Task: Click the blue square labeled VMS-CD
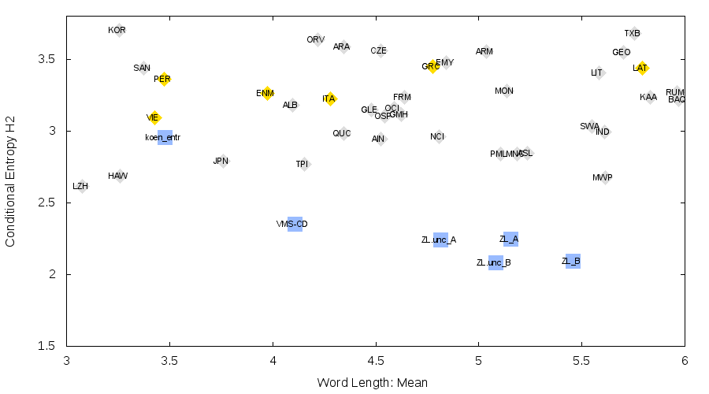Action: tap(295, 224)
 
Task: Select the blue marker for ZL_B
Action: tap(573, 261)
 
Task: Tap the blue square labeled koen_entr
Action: tap(165, 138)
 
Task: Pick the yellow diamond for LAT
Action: tap(642, 69)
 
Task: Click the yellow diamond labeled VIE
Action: tap(154, 118)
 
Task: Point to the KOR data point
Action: tap(119, 31)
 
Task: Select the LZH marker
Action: tap(81, 186)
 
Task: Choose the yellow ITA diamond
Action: tap(330, 98)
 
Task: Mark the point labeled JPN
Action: tap(223, 162)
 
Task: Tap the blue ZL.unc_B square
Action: tap(496, 262)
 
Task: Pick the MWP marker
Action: tap(604, 178)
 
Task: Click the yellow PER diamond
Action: tap(164, 79)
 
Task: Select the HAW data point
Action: tap(120, 177)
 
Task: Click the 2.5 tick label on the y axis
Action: tap(49, 203)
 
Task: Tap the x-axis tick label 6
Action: tap(684, 362)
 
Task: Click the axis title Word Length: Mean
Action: tap(373, 383)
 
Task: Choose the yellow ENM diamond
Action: tap(267, 94)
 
